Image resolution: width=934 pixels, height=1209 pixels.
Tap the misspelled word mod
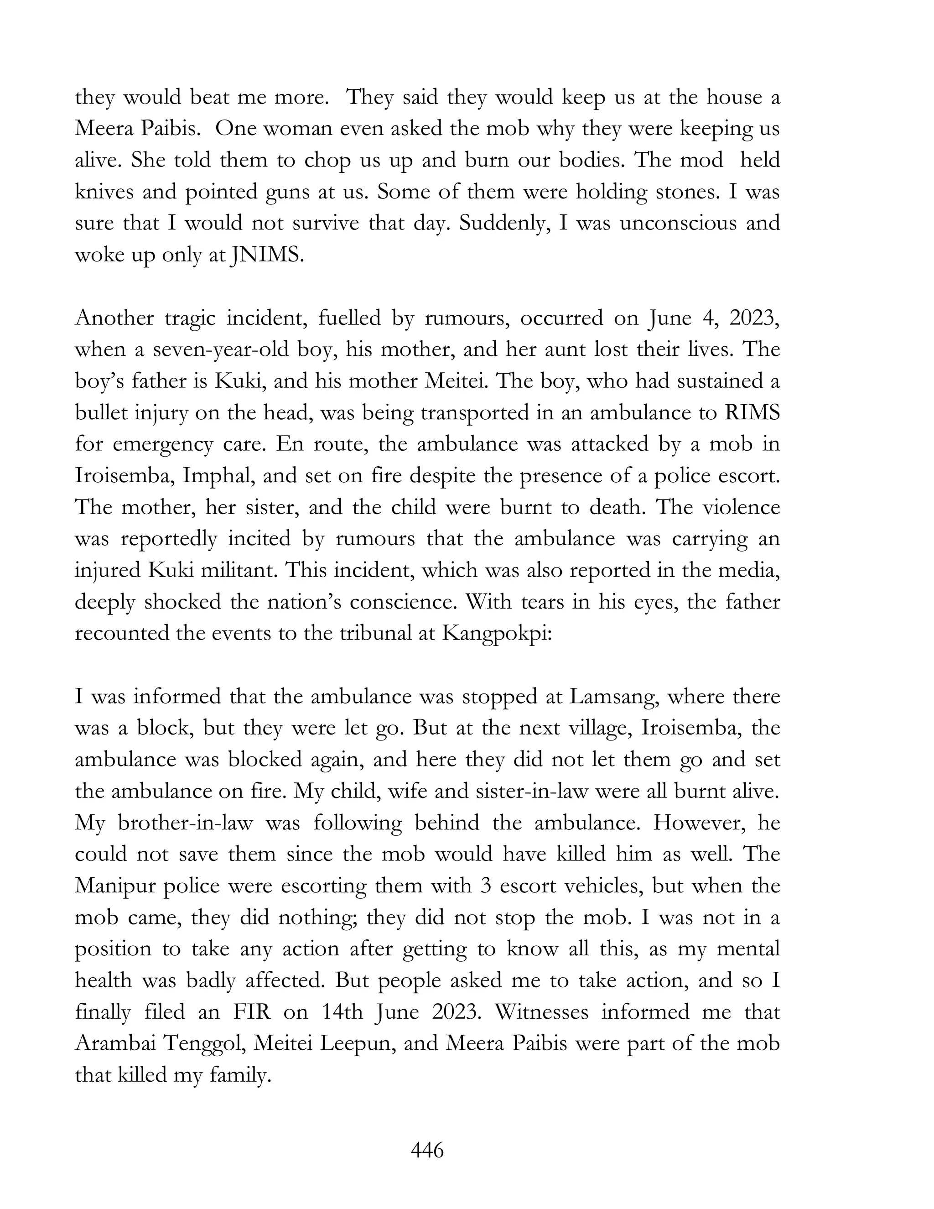[701, 161]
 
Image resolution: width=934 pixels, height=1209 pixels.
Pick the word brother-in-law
[185, 823]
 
